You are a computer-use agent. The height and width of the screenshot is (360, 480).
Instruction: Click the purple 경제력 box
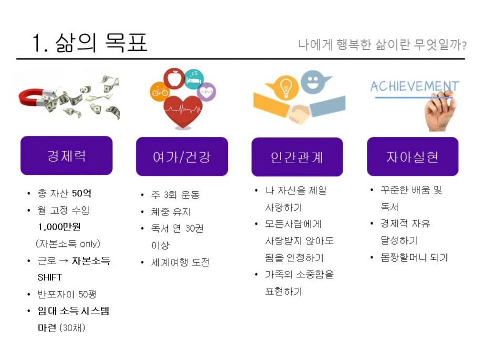click(66, 155)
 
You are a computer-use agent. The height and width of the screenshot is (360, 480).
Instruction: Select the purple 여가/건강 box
click(182, 156)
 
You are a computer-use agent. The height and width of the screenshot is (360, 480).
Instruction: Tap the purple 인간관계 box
click(297, 157)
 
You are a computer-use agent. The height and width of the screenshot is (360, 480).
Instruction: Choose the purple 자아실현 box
click(413, 156)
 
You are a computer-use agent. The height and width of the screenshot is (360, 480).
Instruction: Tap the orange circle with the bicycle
click(160, 91)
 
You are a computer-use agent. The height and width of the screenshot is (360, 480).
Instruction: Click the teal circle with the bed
click(194, 79)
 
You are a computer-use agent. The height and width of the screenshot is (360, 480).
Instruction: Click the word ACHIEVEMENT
click(415, 86)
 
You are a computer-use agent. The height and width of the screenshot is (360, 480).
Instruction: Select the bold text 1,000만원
click(59, 227)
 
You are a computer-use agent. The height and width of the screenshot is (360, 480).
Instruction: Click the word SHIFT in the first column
click(49, 277)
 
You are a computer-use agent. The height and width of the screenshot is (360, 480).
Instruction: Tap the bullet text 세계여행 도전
click(181, 262)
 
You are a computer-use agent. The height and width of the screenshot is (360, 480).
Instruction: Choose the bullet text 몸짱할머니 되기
click(414, 257)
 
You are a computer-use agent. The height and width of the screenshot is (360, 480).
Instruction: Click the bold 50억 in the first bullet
click(82, 193)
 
